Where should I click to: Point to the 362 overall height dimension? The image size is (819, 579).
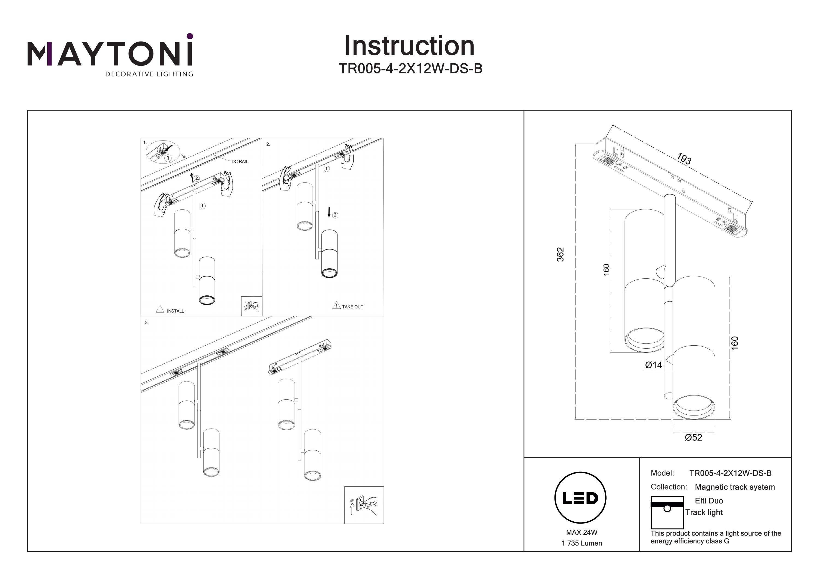(560, 254)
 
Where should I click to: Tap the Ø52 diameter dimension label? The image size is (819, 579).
(693, 437)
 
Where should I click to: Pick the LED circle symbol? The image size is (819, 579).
(580, 498)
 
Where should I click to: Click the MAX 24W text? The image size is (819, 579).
(581, 532)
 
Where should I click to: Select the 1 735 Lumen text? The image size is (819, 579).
(581, 543)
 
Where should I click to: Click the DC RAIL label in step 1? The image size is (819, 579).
(240, 162)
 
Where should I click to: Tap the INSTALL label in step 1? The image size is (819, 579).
(175, 311)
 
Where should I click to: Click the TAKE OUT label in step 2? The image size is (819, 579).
(352, 307)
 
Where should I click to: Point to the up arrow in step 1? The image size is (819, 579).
(192, 177)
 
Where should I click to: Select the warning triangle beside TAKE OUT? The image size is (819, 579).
(336, 306)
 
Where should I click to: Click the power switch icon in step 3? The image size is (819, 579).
(364, 505)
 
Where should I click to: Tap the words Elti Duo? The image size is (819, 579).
(709, 501)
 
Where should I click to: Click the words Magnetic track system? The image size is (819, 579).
(735, 487)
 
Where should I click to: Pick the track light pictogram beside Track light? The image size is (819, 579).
(667, 513)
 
